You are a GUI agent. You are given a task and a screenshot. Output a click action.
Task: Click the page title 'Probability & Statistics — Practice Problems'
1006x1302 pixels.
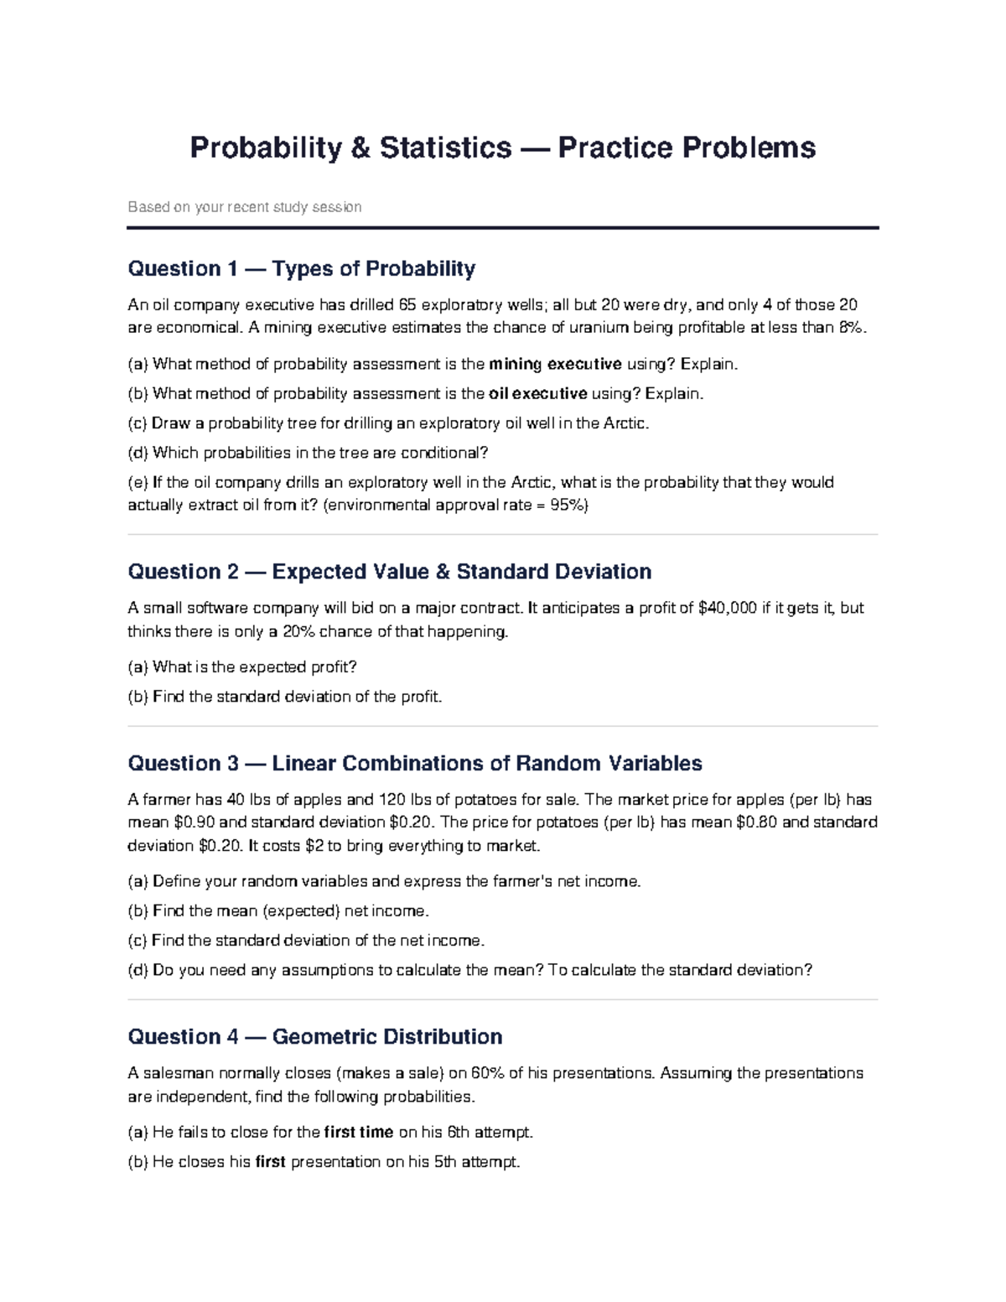point(502,148)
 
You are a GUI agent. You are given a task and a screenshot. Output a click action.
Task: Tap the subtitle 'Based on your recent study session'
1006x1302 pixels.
point(244,207)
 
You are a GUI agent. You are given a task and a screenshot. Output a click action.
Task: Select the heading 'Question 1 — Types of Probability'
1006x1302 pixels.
point(301,269)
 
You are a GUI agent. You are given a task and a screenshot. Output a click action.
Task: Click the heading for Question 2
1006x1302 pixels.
point(389,572)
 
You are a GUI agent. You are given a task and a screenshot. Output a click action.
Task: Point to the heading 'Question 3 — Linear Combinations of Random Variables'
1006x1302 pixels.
point(414,764)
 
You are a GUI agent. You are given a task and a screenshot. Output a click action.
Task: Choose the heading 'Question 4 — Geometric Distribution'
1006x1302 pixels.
point(314,1037)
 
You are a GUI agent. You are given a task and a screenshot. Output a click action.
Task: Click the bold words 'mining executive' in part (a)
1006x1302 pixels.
point(555,364)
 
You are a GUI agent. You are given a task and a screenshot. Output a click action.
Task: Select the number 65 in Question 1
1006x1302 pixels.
point(407,305)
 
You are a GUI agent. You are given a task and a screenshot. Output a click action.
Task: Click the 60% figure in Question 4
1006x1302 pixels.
point(487,1073)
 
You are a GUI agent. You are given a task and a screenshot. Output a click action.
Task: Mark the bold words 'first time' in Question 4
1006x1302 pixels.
point(358,1133)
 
